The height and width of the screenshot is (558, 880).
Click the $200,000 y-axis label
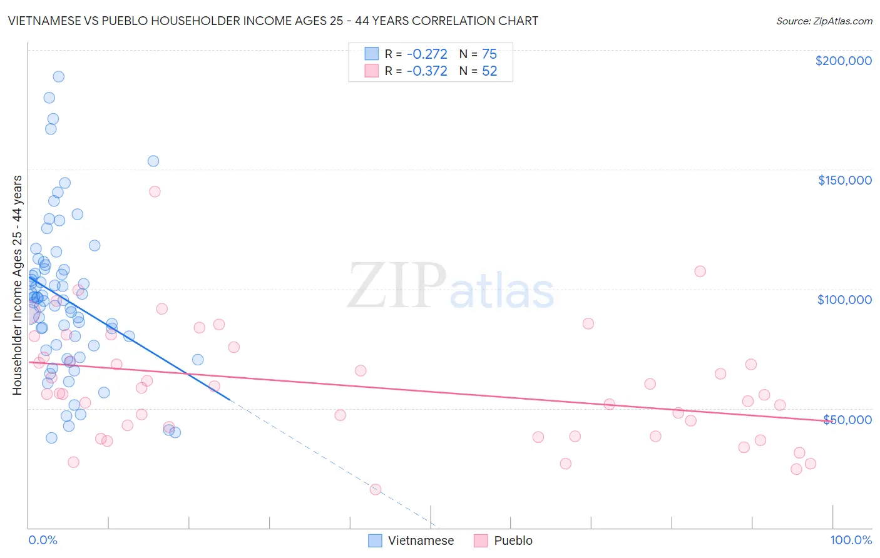(x=843, y=61)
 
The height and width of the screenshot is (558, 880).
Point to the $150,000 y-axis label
(x=844, y=180)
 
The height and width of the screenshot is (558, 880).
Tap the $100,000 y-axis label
(x=844, y=300)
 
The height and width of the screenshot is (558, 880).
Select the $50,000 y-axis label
(x=847, y=419)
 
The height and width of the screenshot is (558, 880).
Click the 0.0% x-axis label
(x=43, y=540)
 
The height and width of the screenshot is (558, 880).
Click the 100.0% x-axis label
(x=851, y=540)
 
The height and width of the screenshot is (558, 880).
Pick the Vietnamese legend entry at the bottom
(x=411, y=540)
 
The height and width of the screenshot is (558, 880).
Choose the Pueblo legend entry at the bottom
(x=503, y=540)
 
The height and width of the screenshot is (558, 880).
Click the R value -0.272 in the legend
(x=427, y=54)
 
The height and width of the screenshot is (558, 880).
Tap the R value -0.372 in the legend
(x=427, y=71)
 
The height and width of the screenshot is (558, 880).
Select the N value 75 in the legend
(x=489, y=54)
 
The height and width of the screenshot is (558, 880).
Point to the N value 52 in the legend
(x=489, y=71)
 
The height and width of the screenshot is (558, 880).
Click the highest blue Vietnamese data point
(x=58, y=77)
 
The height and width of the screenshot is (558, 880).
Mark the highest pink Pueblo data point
(x=155, y=191)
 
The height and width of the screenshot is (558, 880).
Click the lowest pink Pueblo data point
(x=376, y=489)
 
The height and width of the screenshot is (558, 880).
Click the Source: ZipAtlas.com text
(x=824, y=21)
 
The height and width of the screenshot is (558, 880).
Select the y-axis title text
(x=17, y=285)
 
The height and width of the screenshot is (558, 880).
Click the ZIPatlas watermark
(x=451, y=286)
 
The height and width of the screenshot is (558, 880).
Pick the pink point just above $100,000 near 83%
(x=700, y=271)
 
